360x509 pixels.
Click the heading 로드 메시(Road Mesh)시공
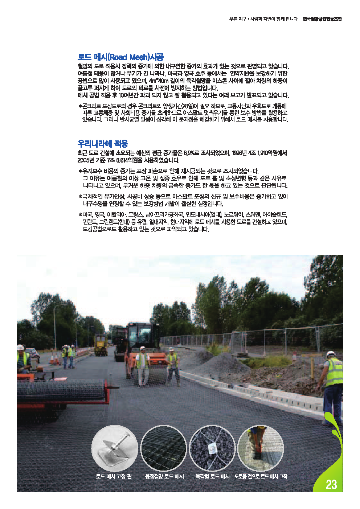pyautogui.click(x=120, y=57)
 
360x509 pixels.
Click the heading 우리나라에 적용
pyautogui.click(x=103, y=143)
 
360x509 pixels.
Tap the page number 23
pyautogui.click(x=331, y=484)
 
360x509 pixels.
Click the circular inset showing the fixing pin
pyautogui.click(x=115, y=448)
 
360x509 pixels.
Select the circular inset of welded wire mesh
pyautogui.click(x=163, y=448)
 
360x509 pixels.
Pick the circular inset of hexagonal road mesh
pyautogui.click(x=212, y=448)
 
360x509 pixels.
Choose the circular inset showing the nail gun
pyautogui.click(x=260, y=448)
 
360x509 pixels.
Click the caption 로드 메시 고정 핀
pyautogui.click(x=114, y=476)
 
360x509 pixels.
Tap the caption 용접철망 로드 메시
pyautogui.click(x=164, y=476)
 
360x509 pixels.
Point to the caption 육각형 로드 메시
pyautogui.click(x=212, y=476)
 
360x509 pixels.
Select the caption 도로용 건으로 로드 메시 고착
pyautogui.click(x=261, y=476)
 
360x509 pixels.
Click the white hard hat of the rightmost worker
pyautogui.click(x=330, y=354)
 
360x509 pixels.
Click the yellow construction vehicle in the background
pyautogui.click(x=101, y=345)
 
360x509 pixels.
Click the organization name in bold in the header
pyautogui.click(x=322, y=19)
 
